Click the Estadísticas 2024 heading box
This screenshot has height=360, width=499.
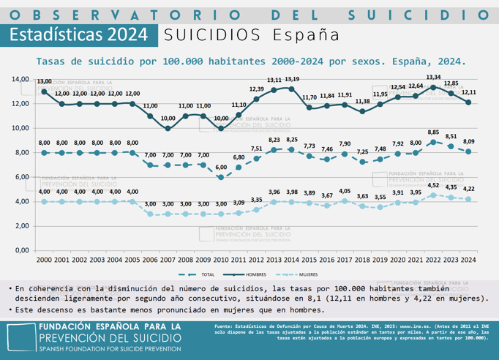79,34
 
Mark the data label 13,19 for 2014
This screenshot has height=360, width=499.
292,79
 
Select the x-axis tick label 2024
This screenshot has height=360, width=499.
469,260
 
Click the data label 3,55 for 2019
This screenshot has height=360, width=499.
380,197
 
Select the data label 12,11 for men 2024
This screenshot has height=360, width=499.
469,92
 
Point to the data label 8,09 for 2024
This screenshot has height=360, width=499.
469,141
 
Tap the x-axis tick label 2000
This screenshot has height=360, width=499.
44,260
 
